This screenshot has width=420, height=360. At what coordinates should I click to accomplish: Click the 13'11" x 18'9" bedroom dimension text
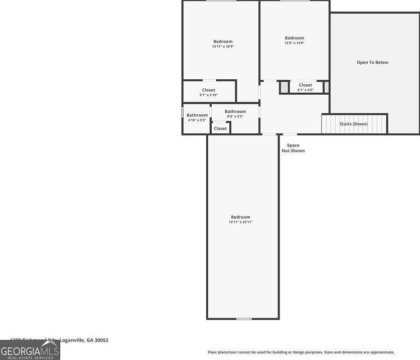[223, 47]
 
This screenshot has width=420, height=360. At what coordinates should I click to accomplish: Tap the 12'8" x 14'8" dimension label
[295, 43]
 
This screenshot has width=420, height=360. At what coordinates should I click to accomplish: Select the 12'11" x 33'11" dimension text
[241, 222]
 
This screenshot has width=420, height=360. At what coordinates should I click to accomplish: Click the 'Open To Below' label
[372, 63]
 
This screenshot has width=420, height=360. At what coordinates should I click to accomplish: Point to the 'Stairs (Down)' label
[353, 124]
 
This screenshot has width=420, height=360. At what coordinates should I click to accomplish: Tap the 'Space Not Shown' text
[293, 148]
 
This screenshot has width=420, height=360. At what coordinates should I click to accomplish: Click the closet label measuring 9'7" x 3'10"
[209, 92]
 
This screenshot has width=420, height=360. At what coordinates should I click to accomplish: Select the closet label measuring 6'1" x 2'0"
[305, 88]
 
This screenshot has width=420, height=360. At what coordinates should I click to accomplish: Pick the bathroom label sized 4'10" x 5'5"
[197, 117]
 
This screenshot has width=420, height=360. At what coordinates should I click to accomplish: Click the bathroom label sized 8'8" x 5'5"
[235, 114]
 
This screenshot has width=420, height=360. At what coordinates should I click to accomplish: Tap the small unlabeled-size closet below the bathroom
[220, 128]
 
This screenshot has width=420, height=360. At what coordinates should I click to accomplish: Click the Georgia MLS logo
[30, 350]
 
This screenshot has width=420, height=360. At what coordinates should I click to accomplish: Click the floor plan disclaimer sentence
[301, 352]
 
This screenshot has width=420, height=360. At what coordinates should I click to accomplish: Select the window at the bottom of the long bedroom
[244, 318]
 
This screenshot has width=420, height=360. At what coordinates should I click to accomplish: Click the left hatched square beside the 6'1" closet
[285, 87]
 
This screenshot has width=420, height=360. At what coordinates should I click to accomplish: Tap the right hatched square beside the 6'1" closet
[326, 87]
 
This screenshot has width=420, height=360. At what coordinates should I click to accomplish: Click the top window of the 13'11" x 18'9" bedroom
[221, 1]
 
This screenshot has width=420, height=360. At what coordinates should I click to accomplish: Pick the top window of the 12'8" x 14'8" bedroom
[295, 1]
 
